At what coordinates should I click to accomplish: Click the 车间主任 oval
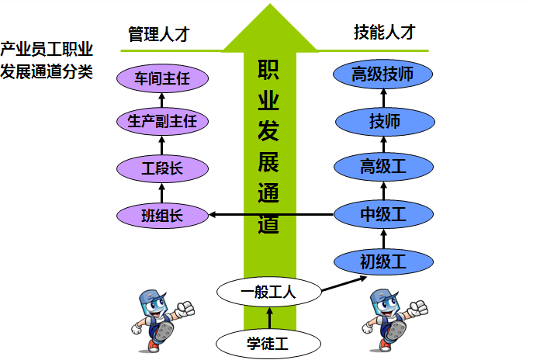tap(162, 78)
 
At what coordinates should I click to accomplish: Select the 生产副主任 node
tap(162, 121)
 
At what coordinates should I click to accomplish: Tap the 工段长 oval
tap(162, 167)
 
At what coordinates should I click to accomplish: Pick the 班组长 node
tap(162, 215)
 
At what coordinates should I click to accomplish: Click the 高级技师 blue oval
tap(382, 75)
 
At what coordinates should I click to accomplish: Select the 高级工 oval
tap(382, 166)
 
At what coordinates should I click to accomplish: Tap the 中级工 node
tap(382, 214)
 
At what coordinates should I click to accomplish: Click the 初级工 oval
tap(382, 260)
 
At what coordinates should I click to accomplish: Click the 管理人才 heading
tap(159, 35)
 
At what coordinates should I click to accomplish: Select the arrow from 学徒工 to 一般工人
tap(269, 317)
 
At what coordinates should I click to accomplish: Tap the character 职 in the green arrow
tap(268, 71)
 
